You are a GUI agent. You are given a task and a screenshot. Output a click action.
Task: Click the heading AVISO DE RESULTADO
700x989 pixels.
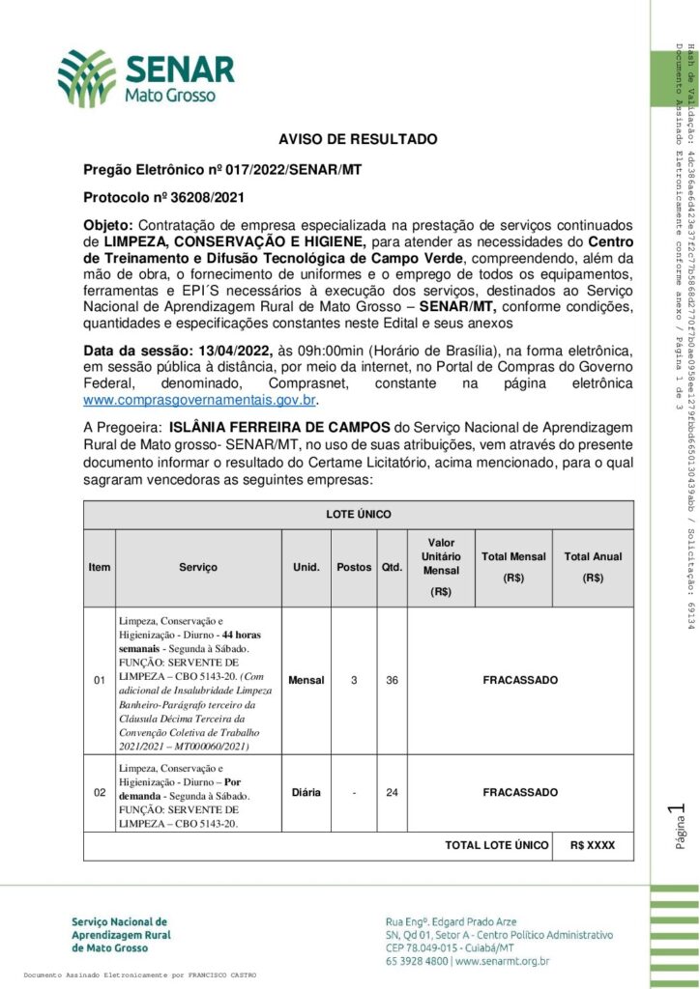click(358, 140)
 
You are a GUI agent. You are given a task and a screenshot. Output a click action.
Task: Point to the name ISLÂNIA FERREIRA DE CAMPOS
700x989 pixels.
click(303, 427)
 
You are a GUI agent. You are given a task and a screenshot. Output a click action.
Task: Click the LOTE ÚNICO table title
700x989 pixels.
click(359, 515)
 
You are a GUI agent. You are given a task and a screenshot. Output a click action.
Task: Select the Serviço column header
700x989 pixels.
click(198, 568)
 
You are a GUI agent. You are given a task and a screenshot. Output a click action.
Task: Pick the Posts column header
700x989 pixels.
click(354, 568)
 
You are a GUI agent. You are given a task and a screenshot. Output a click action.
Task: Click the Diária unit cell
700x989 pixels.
click(306, 792)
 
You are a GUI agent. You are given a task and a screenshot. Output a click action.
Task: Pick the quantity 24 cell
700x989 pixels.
click(392, 792)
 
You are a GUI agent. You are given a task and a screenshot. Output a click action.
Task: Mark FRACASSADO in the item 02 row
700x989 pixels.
click(520, 792)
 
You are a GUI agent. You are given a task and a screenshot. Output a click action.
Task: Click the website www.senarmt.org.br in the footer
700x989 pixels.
click(504, 961)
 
